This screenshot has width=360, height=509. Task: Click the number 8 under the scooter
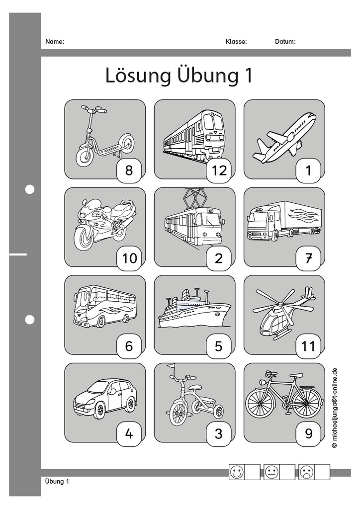point(129,170)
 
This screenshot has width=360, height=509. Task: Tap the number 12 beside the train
point(219,170)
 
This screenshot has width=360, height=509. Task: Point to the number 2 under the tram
point(219,258)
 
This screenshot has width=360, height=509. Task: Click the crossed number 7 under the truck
point(308,258)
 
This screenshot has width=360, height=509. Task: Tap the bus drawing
point(104,306)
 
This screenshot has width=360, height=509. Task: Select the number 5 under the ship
point(219,346)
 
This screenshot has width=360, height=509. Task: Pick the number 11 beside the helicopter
point(308,346)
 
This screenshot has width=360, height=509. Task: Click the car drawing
point(105,398)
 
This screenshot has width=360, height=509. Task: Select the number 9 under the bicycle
point(308,433)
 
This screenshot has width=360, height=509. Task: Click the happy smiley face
point(237,472)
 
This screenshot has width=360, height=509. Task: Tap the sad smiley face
point(307,472)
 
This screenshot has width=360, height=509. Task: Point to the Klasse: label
point(236,42)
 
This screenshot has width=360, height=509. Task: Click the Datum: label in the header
point(285,42)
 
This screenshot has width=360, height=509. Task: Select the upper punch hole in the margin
point(30,189)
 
